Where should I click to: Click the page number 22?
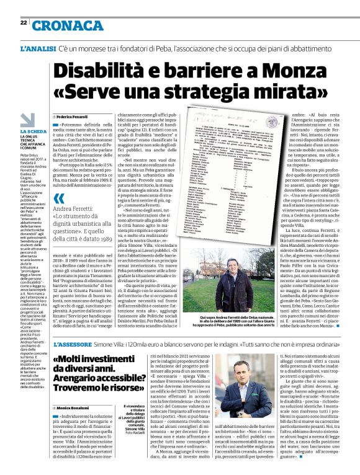click(x=23, y=22)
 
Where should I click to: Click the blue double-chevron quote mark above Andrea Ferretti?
click(x=59, y=198)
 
